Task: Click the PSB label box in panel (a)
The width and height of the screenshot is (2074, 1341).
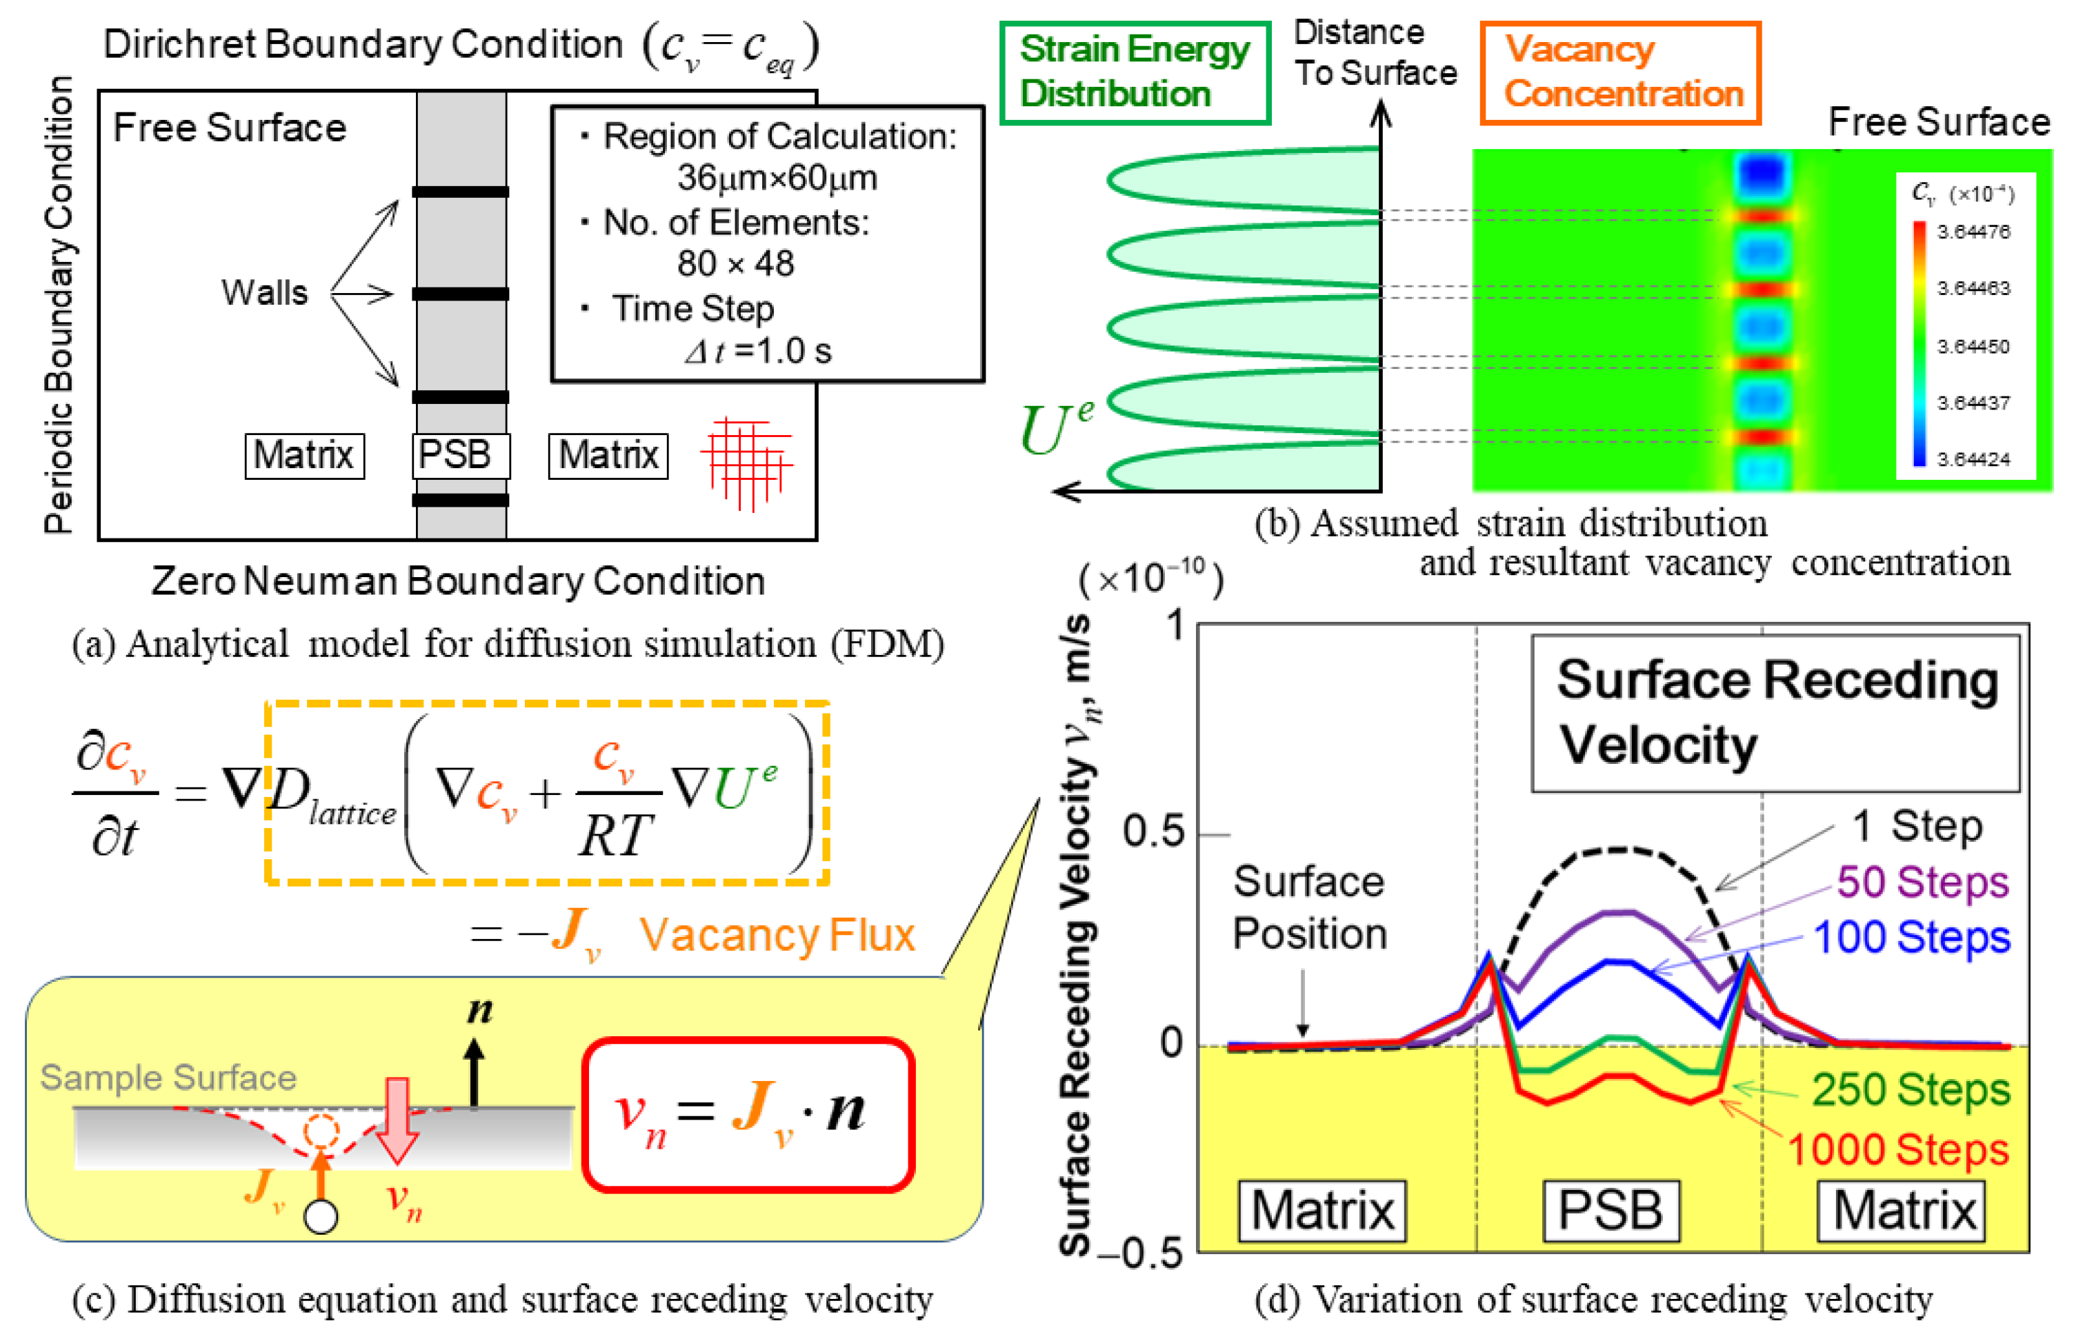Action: coord(460,454)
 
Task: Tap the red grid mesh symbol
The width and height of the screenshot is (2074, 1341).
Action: coord(746,463)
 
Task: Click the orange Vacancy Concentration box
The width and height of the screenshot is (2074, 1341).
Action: coord(1619,72)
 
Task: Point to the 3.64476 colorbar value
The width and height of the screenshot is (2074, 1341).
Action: coord(1973,232)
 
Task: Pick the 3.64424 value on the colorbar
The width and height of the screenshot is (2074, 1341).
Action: coord(1973,459)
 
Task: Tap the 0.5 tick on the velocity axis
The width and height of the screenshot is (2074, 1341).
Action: coord(1153,831)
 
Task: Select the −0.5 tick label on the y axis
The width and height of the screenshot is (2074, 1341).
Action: coord(1141,1254)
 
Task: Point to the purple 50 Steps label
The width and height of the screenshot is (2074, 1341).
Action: coord(1922,882)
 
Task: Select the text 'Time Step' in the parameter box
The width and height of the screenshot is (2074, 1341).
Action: coord(692,308)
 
